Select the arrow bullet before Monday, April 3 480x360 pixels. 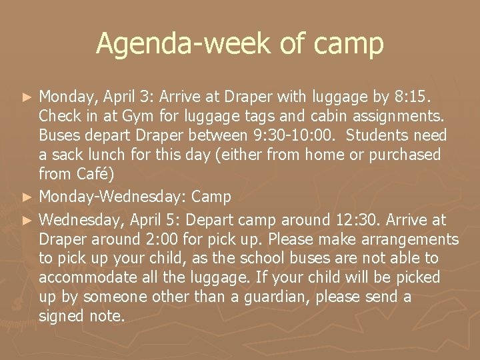point(27,97)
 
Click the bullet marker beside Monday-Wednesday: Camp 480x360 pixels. point(27,197)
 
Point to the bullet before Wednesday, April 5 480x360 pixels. point(27,220)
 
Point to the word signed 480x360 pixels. point(61,315)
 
